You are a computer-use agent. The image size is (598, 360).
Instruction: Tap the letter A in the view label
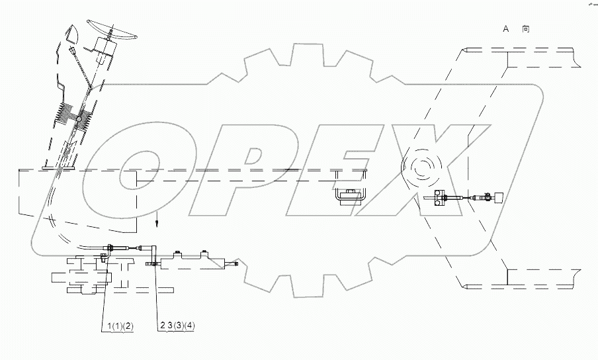[506, 28]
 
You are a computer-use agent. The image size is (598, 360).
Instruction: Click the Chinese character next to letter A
[526, 28]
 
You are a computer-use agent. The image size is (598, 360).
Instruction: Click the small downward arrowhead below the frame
[157, 224]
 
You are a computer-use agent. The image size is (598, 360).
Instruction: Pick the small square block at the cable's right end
[499, 197]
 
